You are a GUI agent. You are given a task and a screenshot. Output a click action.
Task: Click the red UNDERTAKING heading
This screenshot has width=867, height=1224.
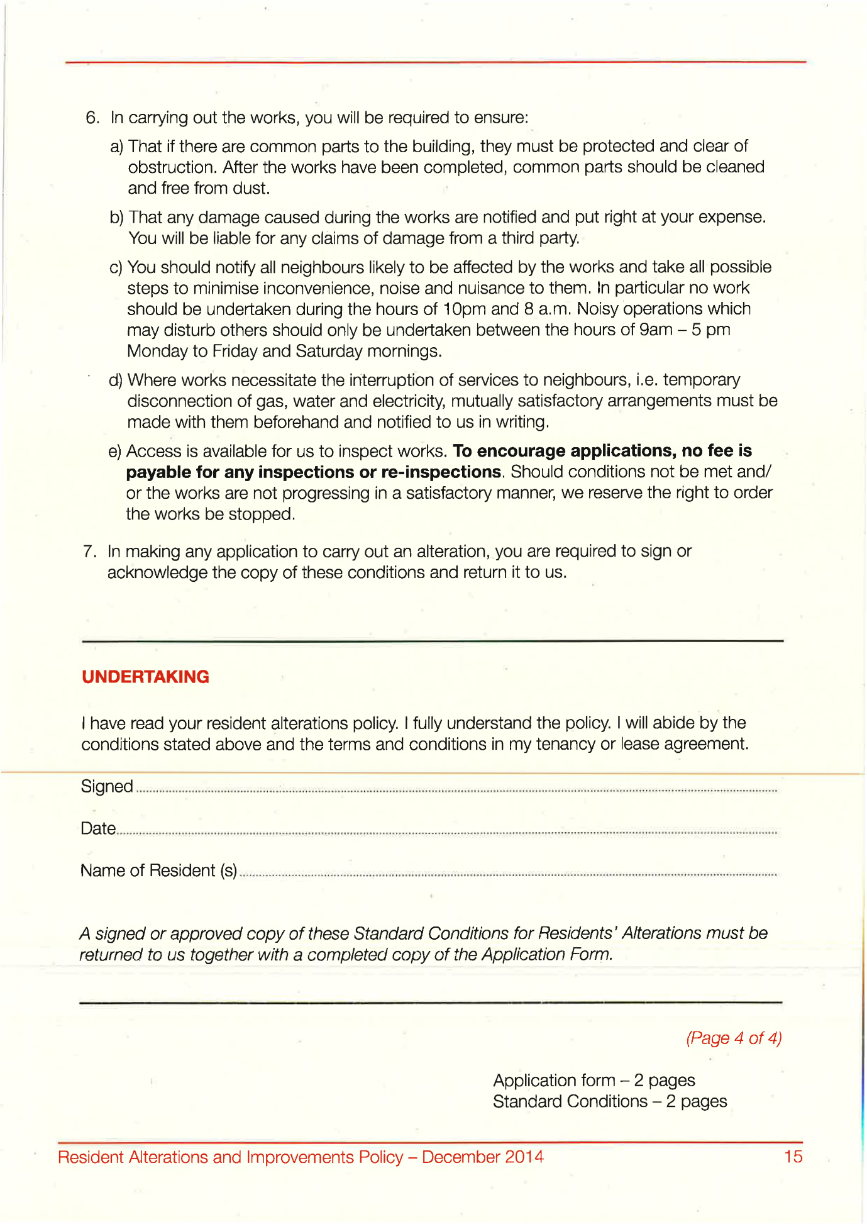(x=145, y=677)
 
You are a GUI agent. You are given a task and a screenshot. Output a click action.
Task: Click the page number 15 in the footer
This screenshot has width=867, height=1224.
(x=793, y=1157)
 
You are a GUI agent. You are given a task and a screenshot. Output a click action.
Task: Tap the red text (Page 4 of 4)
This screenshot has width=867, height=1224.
(x=734, y=1038)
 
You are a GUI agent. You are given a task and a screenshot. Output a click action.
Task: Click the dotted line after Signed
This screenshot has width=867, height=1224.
(x=456, y=791)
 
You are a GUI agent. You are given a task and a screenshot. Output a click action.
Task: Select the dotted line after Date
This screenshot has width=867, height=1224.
(x=446, y=833)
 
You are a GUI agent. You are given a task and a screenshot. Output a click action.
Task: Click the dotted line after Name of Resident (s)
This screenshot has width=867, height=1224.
(x=508, y=874)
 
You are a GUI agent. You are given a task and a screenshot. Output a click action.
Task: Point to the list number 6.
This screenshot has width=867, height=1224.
(x=92, y=118)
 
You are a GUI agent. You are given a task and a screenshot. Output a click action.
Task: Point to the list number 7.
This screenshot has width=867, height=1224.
(x=89, y=552)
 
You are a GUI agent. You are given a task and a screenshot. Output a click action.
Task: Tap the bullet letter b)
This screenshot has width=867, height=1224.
(x=116, y=218)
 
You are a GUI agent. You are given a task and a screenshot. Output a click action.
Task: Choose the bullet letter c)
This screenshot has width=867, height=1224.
(x=116, y=268)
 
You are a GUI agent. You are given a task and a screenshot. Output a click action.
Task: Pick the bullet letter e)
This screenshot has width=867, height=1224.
(x=114, y=452)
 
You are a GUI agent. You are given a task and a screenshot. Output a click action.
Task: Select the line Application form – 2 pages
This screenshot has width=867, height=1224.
(x=594, y=1081)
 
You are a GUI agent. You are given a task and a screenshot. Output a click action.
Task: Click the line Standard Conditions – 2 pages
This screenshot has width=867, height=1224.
(x=609, y=1102)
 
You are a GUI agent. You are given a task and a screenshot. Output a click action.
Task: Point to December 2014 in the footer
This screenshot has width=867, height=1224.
(x=482, y=1157)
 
